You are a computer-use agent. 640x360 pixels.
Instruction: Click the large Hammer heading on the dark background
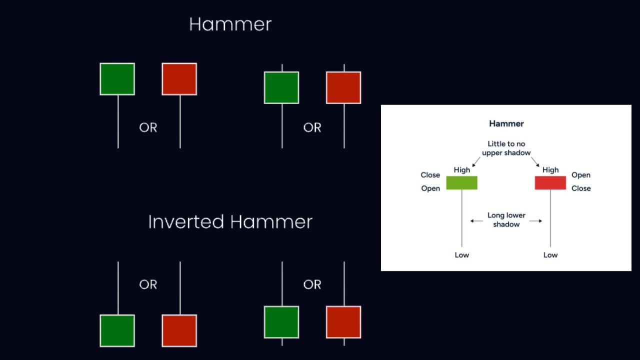[230, 24]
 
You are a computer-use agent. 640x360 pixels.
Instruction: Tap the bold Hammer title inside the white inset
[506, 123]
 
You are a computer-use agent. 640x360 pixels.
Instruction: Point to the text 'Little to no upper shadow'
[506, 148]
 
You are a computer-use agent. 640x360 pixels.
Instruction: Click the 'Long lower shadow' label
[506, 220]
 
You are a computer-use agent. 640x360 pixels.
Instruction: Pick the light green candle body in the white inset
[461, 182]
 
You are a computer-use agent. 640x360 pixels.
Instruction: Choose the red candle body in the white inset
[550, 182]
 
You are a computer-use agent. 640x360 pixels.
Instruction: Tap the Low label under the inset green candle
[461, 255]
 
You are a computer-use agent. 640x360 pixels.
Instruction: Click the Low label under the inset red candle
[550, 255]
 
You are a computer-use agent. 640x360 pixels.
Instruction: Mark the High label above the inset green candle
[461, 170]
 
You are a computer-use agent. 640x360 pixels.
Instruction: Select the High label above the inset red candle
[550, 170]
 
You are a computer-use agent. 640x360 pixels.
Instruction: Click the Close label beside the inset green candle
[430, 175]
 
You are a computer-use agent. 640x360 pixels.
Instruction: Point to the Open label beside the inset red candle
[581, 175]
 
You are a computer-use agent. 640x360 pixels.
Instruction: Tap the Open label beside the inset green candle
[430, 188]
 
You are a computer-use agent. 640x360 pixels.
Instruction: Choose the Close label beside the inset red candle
[581, 188]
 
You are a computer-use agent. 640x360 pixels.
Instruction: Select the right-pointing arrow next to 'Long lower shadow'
[536, 220]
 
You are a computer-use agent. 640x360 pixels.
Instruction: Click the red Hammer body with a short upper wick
[343, 87]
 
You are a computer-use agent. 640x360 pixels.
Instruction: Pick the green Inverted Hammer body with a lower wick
[281, 322]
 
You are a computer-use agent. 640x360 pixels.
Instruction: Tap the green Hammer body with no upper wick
[117, 79]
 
